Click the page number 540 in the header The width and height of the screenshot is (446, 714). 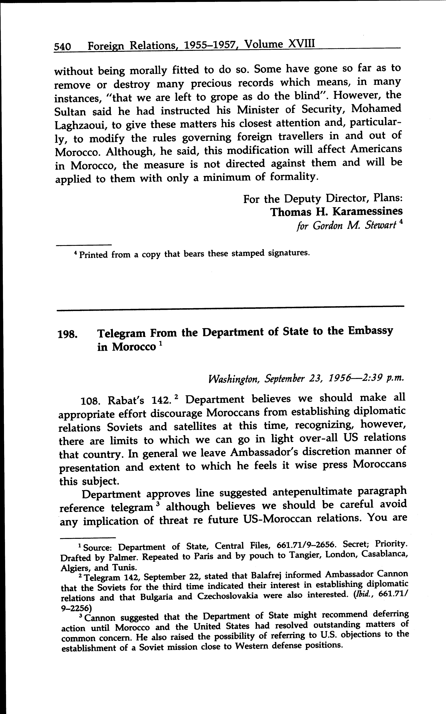(62, 47)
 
